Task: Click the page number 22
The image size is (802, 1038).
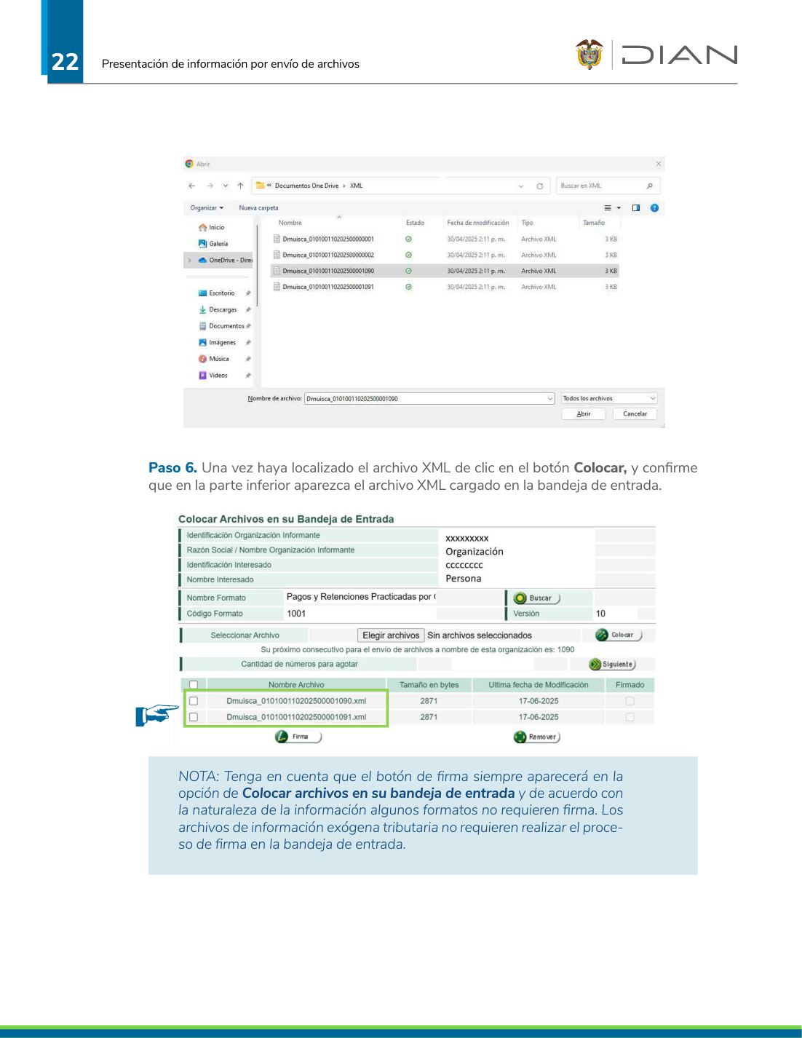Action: [x=65, y=62]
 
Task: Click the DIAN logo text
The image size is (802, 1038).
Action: [x=679, y=55]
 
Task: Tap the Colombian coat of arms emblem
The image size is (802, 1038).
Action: [x=589, y=55]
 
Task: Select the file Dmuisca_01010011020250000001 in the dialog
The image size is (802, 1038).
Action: [x=328, y=239]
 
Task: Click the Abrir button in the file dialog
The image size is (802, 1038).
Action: [x=584, y=413]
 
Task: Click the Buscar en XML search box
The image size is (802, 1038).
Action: [x=608, y=186]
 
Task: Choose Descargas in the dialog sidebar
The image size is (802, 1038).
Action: [x=223, y=309]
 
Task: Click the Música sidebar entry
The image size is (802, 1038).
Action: [x=218, y=359]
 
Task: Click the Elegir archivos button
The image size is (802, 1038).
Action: [x=391, y=635]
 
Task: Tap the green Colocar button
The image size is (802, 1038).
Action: [x=618, y=635]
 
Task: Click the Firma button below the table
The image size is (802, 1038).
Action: [x=298, y=737]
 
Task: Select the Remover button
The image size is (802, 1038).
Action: [x=536, y=737]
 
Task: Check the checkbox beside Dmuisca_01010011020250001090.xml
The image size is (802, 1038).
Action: [x=194, y=701]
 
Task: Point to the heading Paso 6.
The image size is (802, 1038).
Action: [x=172, y=467]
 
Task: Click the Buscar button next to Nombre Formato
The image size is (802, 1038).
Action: [x=536, y=598]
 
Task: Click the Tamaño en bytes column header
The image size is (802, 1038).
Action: [x=429, y=685]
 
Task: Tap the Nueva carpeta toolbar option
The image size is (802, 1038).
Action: [x=258, y=207]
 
